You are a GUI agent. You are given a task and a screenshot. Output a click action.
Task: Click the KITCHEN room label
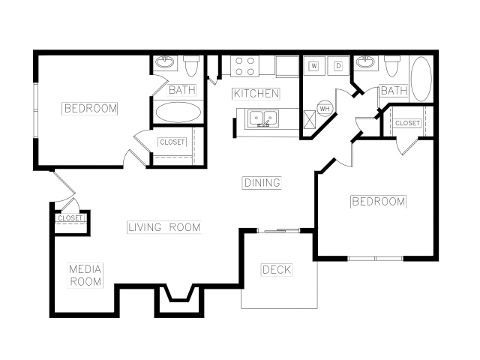point(256,94)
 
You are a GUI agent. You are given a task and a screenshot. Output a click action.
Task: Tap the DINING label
point(262,183)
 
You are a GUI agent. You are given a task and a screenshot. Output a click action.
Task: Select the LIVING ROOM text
point(164,227)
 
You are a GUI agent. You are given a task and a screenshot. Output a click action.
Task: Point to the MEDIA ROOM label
point(85,275)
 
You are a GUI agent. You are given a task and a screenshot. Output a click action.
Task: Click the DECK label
point(277,270)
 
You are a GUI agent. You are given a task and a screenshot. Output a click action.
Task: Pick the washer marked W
point(314,65)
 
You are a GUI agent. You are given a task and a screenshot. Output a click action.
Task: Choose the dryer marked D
point(338,65)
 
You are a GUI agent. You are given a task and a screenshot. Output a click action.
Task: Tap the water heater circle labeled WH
point(325,108)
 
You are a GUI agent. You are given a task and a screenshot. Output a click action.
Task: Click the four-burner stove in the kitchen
point(244,66)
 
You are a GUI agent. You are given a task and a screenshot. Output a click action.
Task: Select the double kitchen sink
point(263,118)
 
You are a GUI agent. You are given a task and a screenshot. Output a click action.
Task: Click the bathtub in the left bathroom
point(178,112)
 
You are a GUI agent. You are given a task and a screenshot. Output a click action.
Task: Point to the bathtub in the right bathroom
point(421,79)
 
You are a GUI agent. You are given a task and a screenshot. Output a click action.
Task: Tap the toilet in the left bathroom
point(192,66)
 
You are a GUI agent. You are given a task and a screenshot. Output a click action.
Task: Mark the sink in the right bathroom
point(365,62)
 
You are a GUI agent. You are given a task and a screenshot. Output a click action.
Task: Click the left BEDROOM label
point(90,108)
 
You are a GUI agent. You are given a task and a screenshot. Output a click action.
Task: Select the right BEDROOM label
point(379,202)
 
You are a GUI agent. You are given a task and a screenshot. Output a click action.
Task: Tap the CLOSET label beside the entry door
point(70,218)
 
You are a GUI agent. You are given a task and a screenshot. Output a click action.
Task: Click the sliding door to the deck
point(278,230)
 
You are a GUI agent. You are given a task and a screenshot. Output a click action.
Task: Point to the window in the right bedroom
point(375,259)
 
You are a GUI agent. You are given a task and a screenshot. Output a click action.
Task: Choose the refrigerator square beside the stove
point(287,67)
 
